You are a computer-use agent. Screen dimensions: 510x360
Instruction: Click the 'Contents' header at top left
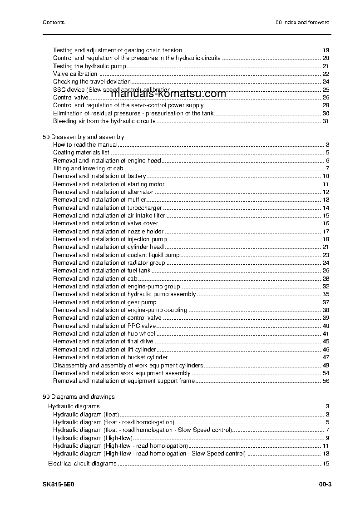[x=53, y=22]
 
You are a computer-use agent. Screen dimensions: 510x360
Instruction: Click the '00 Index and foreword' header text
[x=302, y=22]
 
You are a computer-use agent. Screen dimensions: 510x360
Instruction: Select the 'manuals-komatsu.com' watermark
[x=168, y=94]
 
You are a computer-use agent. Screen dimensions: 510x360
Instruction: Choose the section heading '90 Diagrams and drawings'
[x=79, y=396]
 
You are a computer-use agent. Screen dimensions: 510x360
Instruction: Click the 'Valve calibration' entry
[x=75, y=74]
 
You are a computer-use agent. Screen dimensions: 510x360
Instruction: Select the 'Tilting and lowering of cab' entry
[x=88, y=168]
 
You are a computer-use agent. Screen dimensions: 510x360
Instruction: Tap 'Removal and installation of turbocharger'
[x=107, y=208]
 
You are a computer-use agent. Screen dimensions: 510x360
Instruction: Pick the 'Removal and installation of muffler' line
[x=99, y=200]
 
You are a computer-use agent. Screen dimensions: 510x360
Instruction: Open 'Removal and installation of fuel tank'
[x=102, y=271]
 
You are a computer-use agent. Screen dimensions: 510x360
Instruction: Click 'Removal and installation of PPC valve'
[x=104, y=326]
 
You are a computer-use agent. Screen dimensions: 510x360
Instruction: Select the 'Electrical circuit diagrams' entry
[x=82, y=464]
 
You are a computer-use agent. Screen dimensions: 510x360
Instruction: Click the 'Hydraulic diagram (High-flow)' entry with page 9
[x=93, y=438]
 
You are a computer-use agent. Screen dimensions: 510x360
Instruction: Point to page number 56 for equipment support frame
[x=325, y=381]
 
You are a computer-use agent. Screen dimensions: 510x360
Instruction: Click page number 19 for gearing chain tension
[x=325, y=50]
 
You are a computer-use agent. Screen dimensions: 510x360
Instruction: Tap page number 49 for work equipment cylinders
[x=325, y=365]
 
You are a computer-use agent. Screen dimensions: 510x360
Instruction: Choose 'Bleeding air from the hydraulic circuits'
[x=104, y=121]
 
